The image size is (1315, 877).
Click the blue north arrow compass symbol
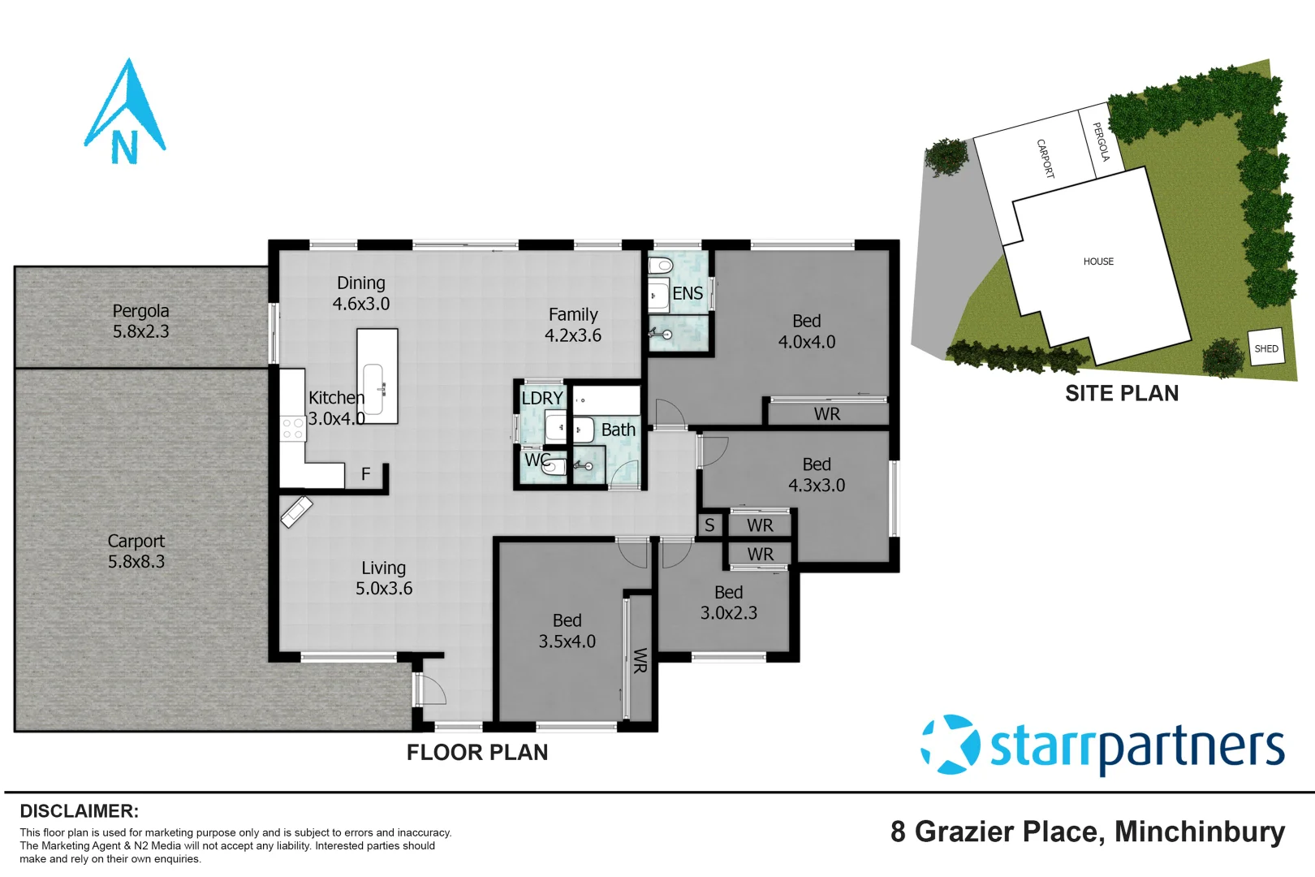pos(125,114)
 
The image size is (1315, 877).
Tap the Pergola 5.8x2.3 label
pos(140,321)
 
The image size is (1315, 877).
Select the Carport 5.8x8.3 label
pos(136,551)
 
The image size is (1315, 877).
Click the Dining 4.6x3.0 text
pos(360,293)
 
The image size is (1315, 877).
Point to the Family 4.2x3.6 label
pos(573,325)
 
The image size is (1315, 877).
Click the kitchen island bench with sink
pos(377,376)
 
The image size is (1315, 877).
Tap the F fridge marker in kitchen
pos(365,473)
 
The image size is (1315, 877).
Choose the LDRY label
pos(541,398)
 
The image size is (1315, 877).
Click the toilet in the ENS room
pos(662,266)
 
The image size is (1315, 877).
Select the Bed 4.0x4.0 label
pos(806,331)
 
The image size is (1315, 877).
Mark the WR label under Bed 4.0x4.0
pos(826,414)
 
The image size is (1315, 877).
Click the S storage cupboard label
pos(709,525)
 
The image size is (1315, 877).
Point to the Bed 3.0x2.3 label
pos(728,603)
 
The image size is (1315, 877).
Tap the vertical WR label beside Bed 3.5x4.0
pos(640,659)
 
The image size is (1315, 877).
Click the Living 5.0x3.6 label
pos(383,578)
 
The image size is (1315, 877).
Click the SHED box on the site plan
pos(1265,348)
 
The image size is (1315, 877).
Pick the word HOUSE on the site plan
pos(1097,261)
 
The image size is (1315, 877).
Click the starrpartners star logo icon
pos(949,745)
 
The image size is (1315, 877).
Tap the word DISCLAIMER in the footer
pos(79,811)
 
